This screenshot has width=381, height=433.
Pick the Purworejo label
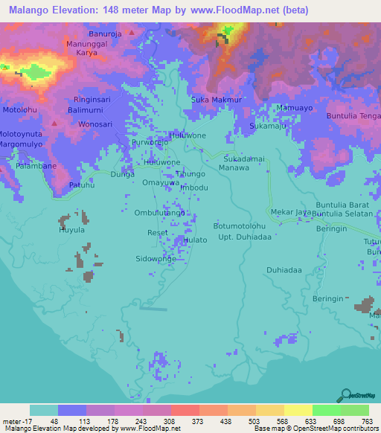pos(151,142)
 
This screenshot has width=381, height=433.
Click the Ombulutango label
pos(159,213)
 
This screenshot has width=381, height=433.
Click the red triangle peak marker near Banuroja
pos(132,33)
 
